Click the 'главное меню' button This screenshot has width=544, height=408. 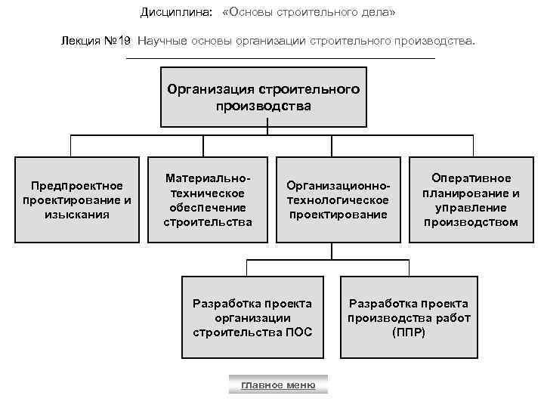click(277, 385)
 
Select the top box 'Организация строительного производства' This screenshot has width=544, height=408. click(263, 98)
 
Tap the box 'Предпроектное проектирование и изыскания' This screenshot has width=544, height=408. click(77, 199)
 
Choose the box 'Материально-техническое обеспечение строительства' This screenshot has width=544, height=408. click(208, 199)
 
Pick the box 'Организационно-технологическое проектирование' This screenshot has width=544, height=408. click(338, 199)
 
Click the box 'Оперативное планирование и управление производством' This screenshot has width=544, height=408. click(471, 199)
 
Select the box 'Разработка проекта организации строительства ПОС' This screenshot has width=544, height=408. click(252, 317)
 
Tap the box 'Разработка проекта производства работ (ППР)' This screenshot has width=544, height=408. click(409, 317)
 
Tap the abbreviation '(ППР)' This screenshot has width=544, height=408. click(409, 332)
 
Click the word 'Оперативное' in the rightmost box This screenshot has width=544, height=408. click(471, 178)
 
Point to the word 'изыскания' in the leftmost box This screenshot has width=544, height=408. click(77, 214)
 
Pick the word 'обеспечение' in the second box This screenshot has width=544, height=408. click(208, 207)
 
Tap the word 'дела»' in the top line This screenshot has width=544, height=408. click(379, 13)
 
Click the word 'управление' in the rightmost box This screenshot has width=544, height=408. click(471, 207)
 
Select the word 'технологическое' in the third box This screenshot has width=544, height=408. click(338, 199)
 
